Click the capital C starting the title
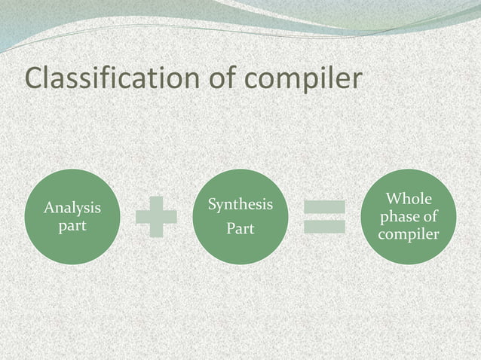click(35, 78)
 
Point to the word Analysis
click(72, 207)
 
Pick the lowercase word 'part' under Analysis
click(72, 225)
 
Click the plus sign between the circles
click(156, 217)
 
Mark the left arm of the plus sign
click(142, 217)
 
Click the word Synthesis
click(240, 205)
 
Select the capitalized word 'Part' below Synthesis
click(240, 229)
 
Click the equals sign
click(324, 217)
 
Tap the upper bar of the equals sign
click(324, 206)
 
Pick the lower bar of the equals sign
click(324, 227)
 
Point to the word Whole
click(409, 199)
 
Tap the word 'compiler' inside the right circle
click(409, 234)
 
